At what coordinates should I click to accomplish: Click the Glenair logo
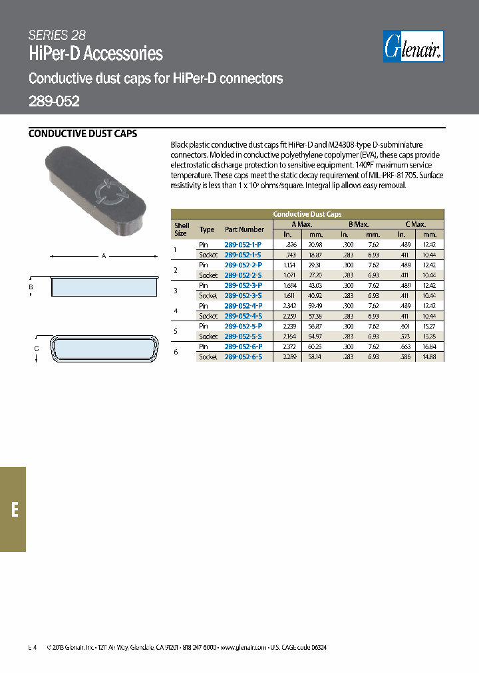(x=414, y=48)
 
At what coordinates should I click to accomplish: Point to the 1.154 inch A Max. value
(x=288, y=265)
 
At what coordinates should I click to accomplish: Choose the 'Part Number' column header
(x=244, y=229)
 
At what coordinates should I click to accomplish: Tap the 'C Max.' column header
(x=415, y=224)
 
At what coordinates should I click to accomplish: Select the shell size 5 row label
(x=176, y=331)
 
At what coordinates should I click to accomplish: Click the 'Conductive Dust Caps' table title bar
(x=307, y=214)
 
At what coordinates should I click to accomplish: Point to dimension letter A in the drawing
(x=104, y=255)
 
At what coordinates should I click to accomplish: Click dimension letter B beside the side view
(x=31, y=287)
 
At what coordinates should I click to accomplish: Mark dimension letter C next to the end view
(x=37, y=348)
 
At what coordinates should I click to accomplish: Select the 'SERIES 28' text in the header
(x=57, y=36)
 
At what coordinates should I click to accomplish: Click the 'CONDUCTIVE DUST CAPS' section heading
(x=82, y=134)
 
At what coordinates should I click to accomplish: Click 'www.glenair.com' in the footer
(x=243, y=647)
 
